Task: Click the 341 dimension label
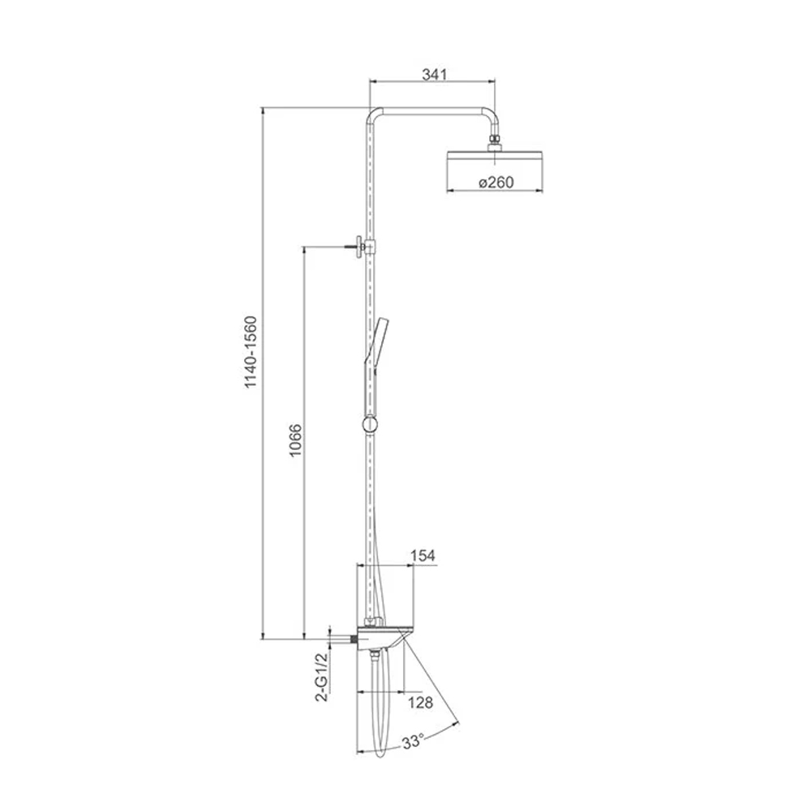[434, 74]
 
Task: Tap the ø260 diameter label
[496, 182]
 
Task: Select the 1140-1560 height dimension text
[251, 352]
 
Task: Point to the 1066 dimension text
[295, 440]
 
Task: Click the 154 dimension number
[423, 556]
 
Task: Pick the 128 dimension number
[420, 702]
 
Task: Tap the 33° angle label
[414, 742]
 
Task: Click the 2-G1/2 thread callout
[322, 676]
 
